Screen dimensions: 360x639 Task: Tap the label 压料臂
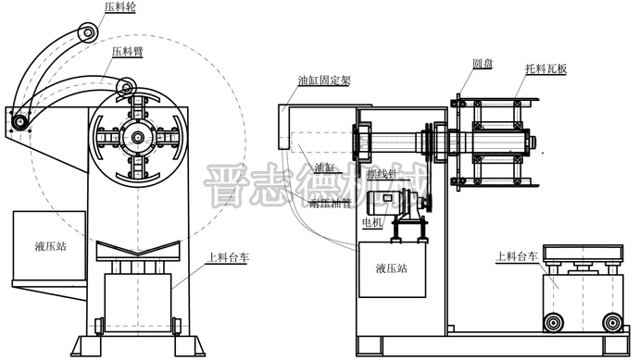pyautogui.click(x=127, y=52)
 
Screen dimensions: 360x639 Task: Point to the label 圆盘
pyautogui.click(x=482, y=65)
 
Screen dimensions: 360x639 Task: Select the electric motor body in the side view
pyautogui.click(x=386, y=205)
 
